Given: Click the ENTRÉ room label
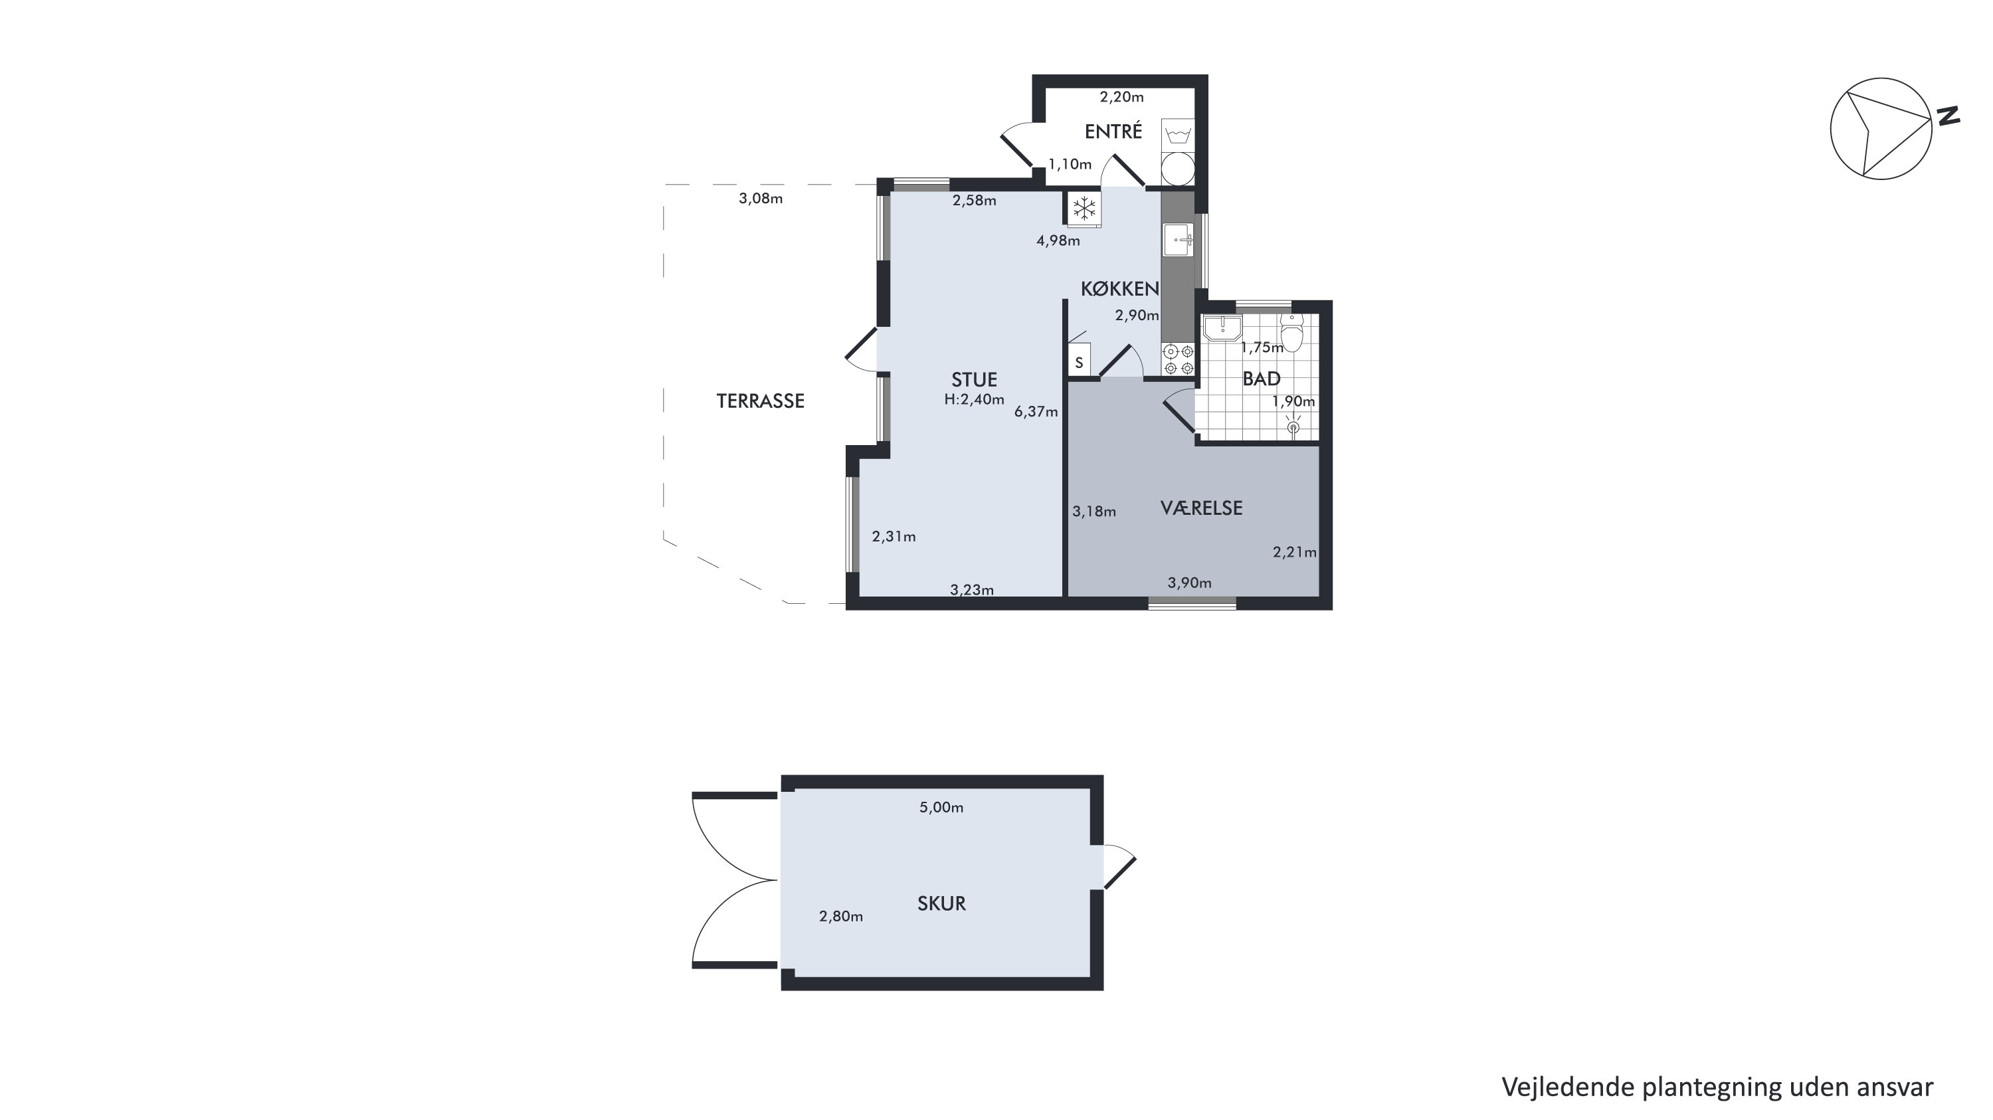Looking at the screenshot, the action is pos(1113,132).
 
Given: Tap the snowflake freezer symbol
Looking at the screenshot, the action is pos(1085,208).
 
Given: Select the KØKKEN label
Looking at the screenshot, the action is pos(1119,289).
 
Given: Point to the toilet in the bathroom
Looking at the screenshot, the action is pos(1291,333).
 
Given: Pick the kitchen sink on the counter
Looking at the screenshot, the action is pos(1179,239).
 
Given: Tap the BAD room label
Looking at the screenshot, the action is pos(1262,379).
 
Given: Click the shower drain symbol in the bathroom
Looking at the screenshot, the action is pos(1292,426).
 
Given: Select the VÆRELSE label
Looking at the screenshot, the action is pos(1202,508).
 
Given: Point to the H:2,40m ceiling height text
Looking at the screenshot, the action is pos(974,400).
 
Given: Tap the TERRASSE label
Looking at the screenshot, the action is pos(761,401).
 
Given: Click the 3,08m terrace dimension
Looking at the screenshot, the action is pos(761,199).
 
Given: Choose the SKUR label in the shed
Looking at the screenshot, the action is pos(941,903).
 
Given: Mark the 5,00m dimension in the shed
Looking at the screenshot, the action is pos(941,808).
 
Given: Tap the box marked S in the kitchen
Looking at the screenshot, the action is pos(1080,362).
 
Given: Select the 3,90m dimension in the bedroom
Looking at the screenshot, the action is pos(1189,583).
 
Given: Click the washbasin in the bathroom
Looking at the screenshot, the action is pos(1222,328).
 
